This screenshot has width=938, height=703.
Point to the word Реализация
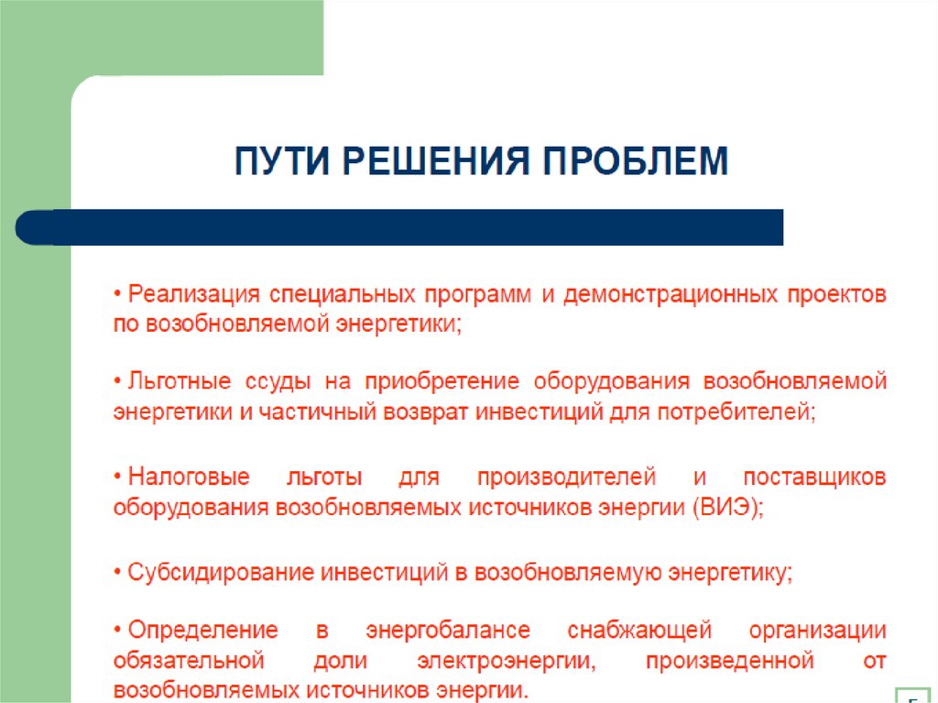(193, 295)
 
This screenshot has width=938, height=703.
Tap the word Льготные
(180, 381)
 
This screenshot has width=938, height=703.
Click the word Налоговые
(185, 478)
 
